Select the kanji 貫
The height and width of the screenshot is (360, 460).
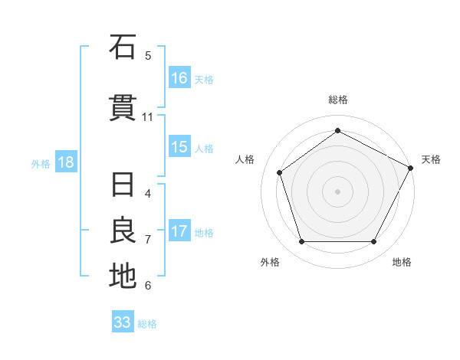pos(122,108)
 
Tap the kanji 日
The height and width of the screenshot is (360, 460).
pos(122,186)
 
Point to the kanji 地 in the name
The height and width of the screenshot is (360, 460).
pos(122,276)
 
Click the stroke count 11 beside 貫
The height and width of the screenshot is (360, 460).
pos(148,117)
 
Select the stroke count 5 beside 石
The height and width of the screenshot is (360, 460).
pos(148,56)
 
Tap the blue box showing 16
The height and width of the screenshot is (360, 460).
pos(179,78)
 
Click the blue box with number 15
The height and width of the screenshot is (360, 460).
pos(179,147)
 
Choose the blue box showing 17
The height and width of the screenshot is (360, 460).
pos(179,231)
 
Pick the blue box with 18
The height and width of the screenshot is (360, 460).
pos(65,162)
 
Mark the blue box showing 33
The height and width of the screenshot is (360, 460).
pos(123,322)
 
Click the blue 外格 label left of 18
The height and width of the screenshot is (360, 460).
pos(41,163)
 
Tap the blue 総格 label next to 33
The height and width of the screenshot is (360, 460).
pos(148,324)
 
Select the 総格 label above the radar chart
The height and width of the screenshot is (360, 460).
pos(337,100)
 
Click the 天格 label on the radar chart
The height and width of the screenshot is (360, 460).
pos(431,159)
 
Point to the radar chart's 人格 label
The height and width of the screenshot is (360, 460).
pos(245,159)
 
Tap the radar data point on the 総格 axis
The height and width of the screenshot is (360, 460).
pos(337,131)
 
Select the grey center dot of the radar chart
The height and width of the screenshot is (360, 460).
pos(337,191)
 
